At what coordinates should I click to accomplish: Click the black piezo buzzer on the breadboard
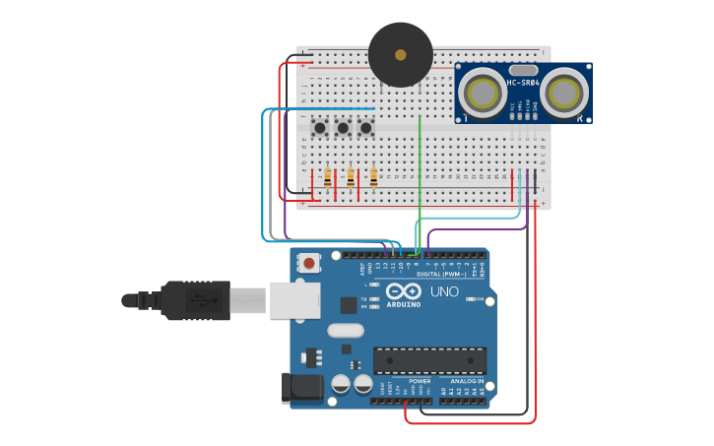(x=400, y=55)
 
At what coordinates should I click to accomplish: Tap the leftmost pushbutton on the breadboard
(x=319, y=127)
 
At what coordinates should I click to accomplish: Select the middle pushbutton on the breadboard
(x=343, y=127)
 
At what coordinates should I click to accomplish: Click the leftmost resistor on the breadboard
(x=327, y=177)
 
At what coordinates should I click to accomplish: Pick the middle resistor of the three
(x=351, y=177)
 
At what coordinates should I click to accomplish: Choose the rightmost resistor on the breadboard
(x=373, y=177)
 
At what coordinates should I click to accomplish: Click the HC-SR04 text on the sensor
(x=523, y=83)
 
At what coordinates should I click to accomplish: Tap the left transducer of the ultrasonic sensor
(x=483, y=94)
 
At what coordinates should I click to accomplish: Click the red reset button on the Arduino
(x=309, y=263)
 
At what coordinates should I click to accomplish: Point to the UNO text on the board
(x=444, y=291)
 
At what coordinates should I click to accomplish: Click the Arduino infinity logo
(x=404, y=291)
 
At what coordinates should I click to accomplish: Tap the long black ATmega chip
(x=429, y=360)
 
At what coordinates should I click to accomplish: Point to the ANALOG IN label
(x=467, y=381)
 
